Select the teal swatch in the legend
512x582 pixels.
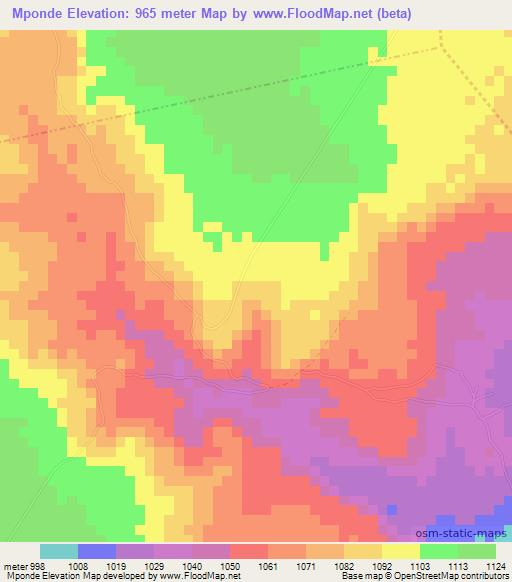[x=60, y=551]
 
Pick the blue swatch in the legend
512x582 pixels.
[x=98, y=551]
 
